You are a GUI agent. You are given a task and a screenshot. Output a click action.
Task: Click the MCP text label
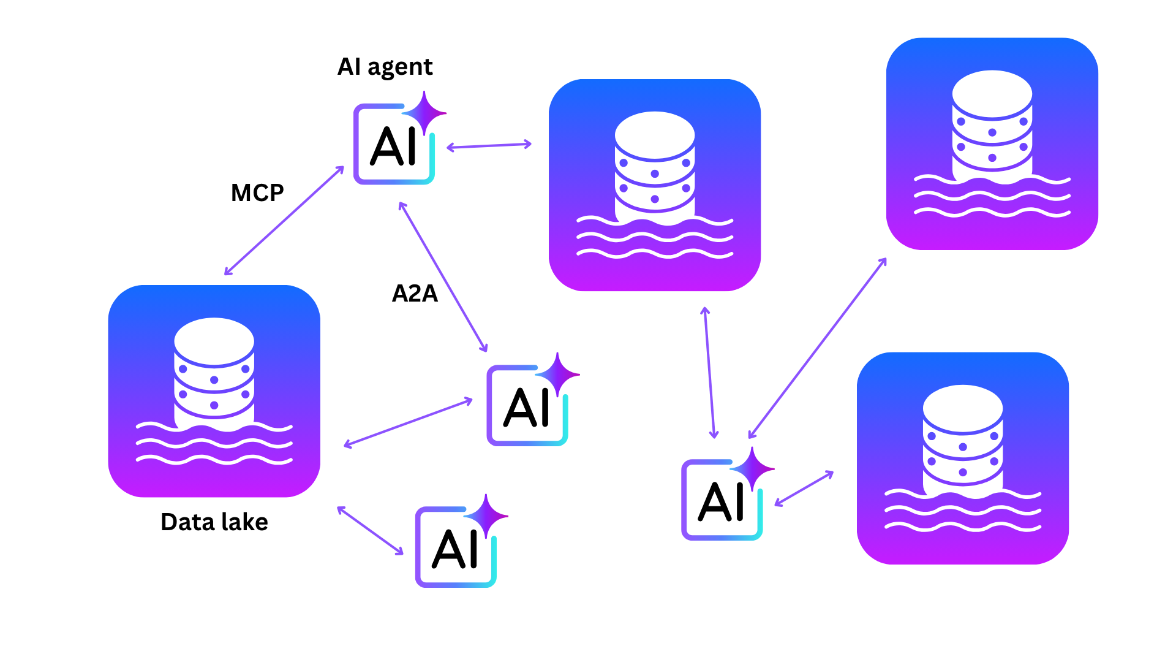[x=257, y=193]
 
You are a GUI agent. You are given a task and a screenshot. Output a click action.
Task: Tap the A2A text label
[x=415, y=294]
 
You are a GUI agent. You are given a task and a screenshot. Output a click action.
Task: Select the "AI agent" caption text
[x=385, y=67]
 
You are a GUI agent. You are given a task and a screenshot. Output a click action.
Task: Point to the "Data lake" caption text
[x=214, y=522]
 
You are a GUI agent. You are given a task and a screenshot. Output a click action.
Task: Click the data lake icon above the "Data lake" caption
[x=214, y=390]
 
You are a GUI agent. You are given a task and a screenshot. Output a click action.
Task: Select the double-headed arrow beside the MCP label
[x=284, y=220]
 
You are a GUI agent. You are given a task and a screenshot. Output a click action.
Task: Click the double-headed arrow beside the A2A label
[x=443, y=277]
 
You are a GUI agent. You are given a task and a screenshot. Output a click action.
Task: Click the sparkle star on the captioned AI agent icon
[x=424, y=113]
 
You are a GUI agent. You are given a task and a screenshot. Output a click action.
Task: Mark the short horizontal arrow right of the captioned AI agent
[x=489, y=146]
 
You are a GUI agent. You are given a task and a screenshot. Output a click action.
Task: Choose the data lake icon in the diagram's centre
[x=654, y=185]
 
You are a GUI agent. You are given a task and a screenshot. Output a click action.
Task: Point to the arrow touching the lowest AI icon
[x=371, y=531]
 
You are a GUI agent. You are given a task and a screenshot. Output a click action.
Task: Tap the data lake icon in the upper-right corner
[x=992, y=143]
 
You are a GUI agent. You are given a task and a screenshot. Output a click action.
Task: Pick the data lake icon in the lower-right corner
[x=962, y=458]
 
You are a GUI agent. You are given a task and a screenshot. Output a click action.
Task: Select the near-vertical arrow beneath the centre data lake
[x=709, y=373]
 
